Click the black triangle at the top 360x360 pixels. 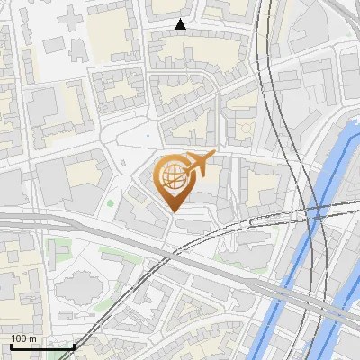pos(181,25)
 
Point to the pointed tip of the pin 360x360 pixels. pos(172,212)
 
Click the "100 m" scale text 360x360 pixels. pos(24,338)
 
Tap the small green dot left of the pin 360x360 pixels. pos(111,202)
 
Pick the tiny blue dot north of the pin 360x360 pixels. pos(148,135)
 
